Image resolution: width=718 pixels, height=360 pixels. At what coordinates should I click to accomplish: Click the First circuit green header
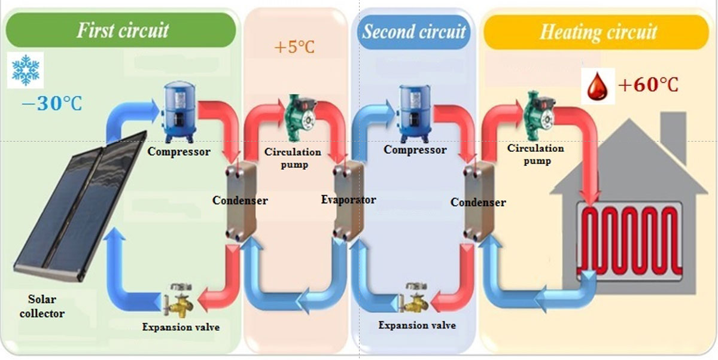(123, 30)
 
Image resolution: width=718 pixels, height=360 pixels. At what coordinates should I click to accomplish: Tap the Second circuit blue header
(413, 32)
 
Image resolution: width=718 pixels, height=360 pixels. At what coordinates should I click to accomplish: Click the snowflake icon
(26, 69)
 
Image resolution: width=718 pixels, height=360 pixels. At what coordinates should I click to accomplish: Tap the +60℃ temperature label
(648, 85)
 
